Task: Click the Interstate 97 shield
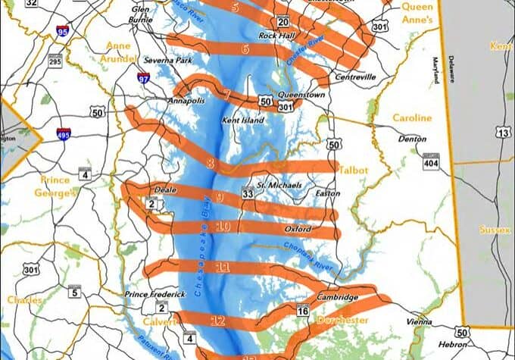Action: point(143,77)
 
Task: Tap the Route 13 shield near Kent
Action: point(502,133)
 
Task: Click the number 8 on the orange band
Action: point(210,162)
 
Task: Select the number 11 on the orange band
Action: point(222,267)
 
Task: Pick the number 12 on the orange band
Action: point(218,321)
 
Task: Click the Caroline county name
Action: point(413,118)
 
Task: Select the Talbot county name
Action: point(353,171)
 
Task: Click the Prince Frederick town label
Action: point(154,294)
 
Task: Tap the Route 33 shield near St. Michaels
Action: point(248,194)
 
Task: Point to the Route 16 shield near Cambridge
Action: point(303,311)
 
